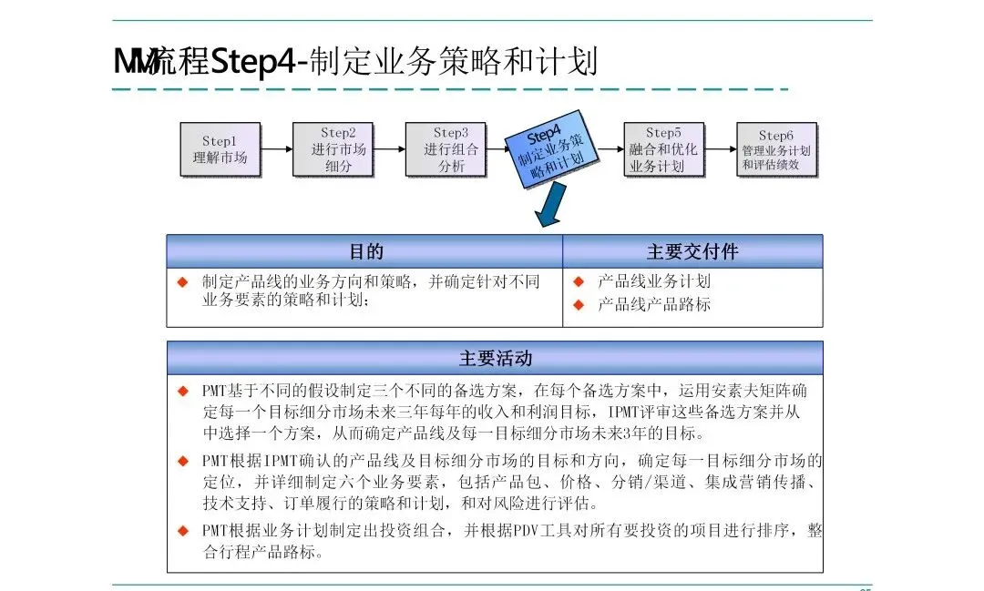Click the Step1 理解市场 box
(x=220, y=149)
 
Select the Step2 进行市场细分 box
(x=332, y=149)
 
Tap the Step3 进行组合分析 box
(x=445, y=149)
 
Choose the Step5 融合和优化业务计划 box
(x=662, y=149)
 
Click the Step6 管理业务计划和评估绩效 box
(x=775, y=149)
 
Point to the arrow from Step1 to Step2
(x=277, y=149)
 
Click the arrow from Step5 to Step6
(x=721, y=149)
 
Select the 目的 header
(x=365, y=251)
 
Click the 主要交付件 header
(x=692, y=251)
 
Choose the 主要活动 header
(x=495, y=358)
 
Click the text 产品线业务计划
(x=653, y=281)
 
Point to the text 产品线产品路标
(x=653, y=304)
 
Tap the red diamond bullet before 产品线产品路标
(x=578, y=304)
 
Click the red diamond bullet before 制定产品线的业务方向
(x=182, y=281)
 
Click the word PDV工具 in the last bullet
(x=526, y=531)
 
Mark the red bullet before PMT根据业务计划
(x=182, y=531)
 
